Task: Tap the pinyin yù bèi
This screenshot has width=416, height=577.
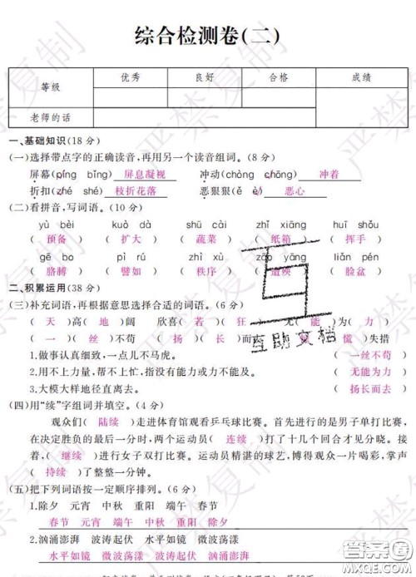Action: tap(57, 224)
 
